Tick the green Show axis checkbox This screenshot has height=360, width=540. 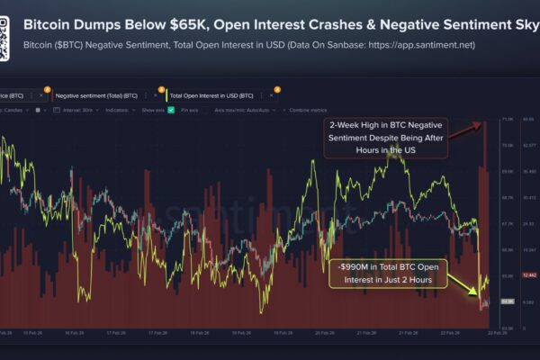(x=171, y=110)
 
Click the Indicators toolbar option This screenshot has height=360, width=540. (x=118, y=110)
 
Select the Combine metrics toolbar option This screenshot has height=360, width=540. (x=307, y=110)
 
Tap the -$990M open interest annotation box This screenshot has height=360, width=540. (x=386, y=273)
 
